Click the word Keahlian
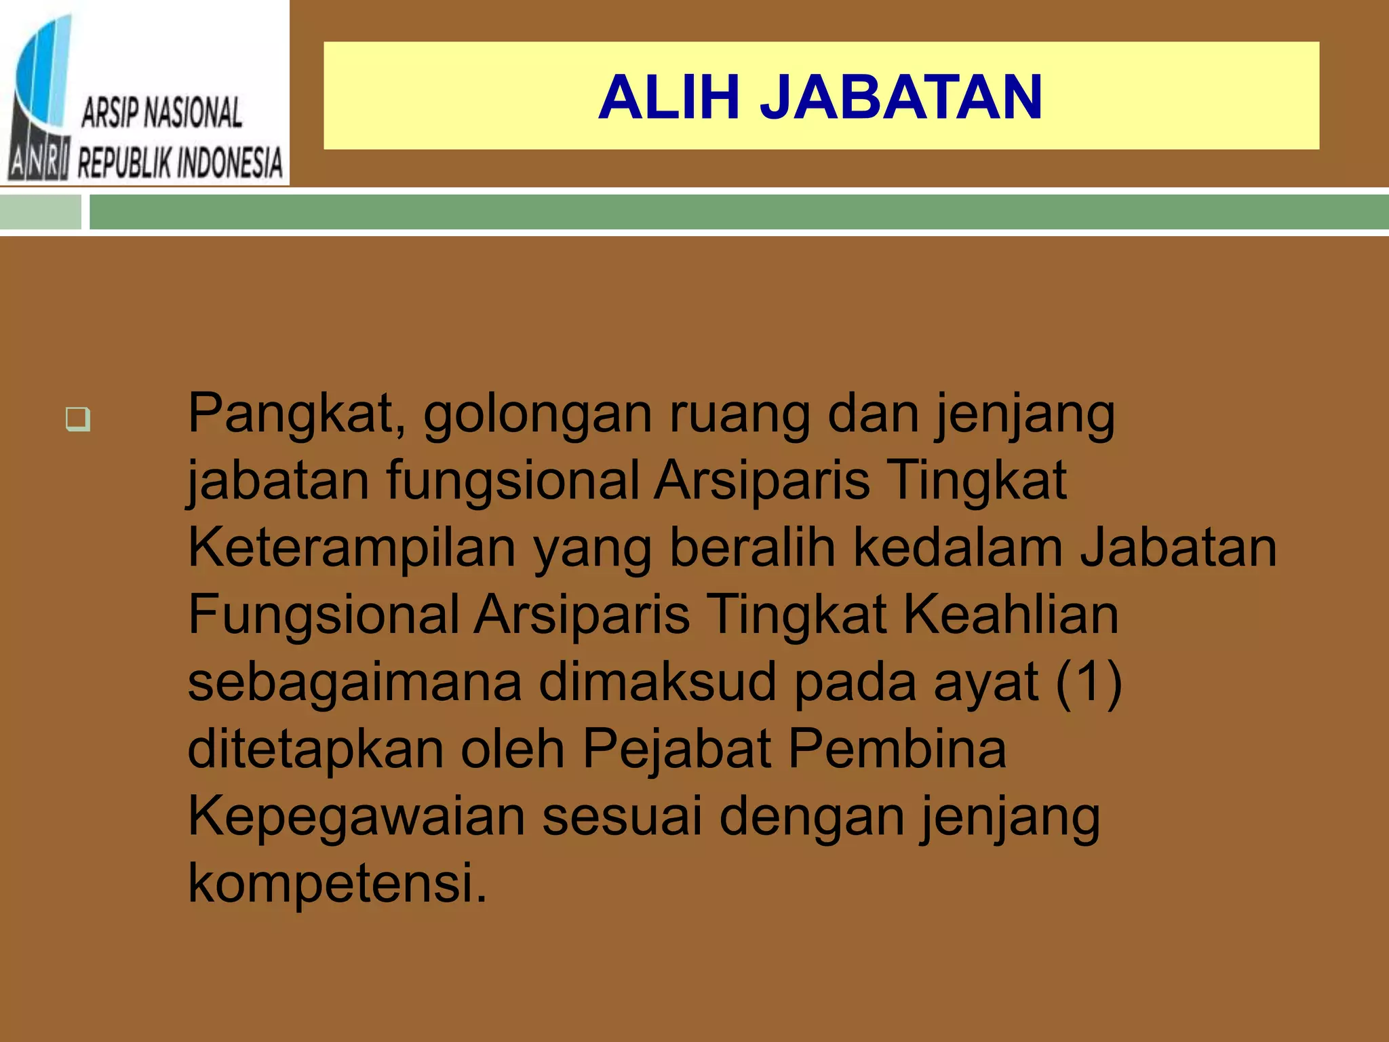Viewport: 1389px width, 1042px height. pos(1011,614)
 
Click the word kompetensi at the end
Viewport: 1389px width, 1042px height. pos(337,883)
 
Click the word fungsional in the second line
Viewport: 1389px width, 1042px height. pos(513,480)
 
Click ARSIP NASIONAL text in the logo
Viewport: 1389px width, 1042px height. pos(161,113)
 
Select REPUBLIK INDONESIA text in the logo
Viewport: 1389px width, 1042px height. pos(180,163)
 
